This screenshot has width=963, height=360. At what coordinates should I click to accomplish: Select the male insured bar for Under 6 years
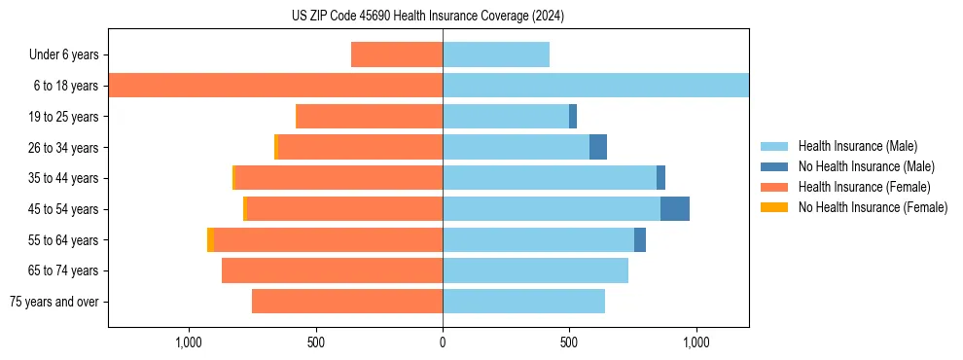(x=496, y=54)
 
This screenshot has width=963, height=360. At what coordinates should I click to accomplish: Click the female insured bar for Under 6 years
(x=397, y=54)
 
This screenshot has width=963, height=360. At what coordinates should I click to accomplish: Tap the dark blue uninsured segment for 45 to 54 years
(x=675, y=209)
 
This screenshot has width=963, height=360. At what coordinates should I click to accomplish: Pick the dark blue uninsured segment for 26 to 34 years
(x=598, y=147)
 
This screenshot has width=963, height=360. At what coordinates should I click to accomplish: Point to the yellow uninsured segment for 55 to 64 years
(x=211, y=239)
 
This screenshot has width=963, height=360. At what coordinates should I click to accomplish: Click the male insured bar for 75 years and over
(x=523, y=302)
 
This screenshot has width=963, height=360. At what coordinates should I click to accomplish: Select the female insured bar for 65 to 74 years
(x=332, y=270)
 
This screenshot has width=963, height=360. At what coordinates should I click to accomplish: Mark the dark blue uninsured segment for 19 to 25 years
(x=573, y=117)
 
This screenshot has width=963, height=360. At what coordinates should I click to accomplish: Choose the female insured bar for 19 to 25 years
(x=369, y=117)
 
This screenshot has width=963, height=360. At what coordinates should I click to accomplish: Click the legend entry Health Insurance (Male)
(x=857, y=146)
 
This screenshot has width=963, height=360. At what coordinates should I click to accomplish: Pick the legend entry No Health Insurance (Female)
(x=873, y=207)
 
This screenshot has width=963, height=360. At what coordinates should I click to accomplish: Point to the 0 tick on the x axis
(x=443, y=342)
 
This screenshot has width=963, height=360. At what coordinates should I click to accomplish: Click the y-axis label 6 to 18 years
(x=65, y=86)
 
